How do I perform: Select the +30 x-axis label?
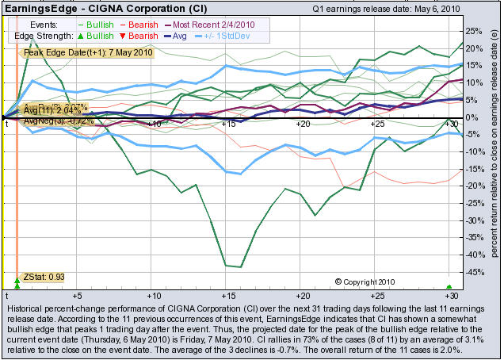[452, 124]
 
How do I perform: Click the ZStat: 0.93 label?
[44, 276]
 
